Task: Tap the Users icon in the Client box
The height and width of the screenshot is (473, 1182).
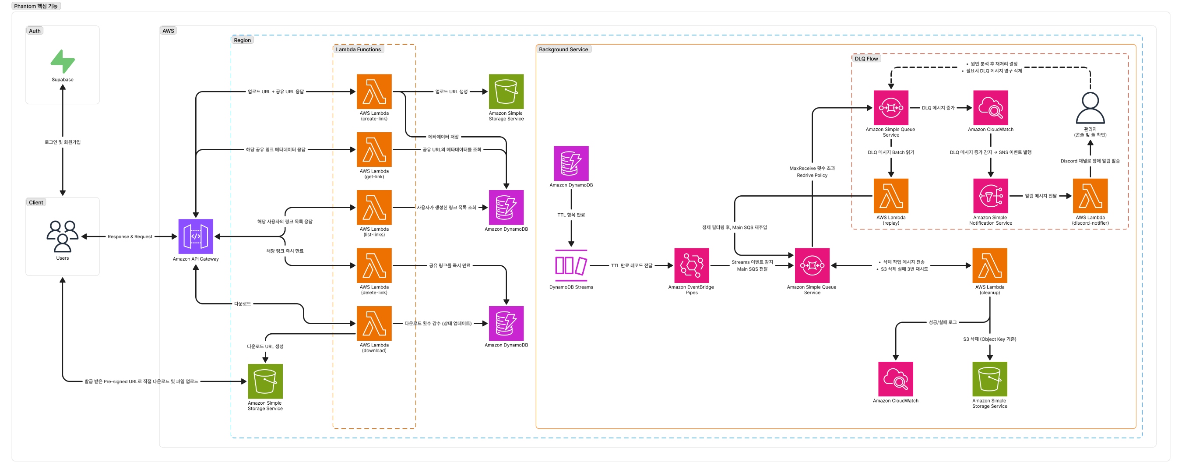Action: point(63,236)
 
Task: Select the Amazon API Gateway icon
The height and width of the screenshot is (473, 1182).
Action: point(196,236)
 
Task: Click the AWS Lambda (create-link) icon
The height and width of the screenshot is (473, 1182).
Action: point(374,92)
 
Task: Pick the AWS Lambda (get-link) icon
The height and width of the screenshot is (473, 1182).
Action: point(374,149)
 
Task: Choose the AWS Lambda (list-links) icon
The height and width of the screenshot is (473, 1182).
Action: point(374,207)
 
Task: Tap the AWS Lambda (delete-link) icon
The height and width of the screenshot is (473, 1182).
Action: point(374,265)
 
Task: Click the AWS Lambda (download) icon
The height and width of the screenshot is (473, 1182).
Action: point(374,323)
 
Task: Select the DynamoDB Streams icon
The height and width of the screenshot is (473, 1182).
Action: point(571,265)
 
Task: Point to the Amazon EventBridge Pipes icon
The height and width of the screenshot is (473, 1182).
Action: point(692,265)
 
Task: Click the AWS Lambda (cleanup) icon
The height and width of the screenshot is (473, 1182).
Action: point(989,265)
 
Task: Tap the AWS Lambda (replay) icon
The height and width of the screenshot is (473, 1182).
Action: point(890,196)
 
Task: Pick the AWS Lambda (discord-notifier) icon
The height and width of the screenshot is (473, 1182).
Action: point(1090,196)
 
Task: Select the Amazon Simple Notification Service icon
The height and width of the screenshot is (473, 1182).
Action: point(990,196)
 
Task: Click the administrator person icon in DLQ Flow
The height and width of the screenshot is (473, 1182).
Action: point(1090,108)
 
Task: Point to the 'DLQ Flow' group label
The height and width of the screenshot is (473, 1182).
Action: point(866,59)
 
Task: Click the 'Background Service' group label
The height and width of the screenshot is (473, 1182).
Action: point(563,49)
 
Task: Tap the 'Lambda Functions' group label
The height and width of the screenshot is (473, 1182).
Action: point(358,49)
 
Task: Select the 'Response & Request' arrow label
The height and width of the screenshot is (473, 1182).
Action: point(130,236)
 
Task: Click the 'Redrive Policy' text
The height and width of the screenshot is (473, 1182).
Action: point(812,176)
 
